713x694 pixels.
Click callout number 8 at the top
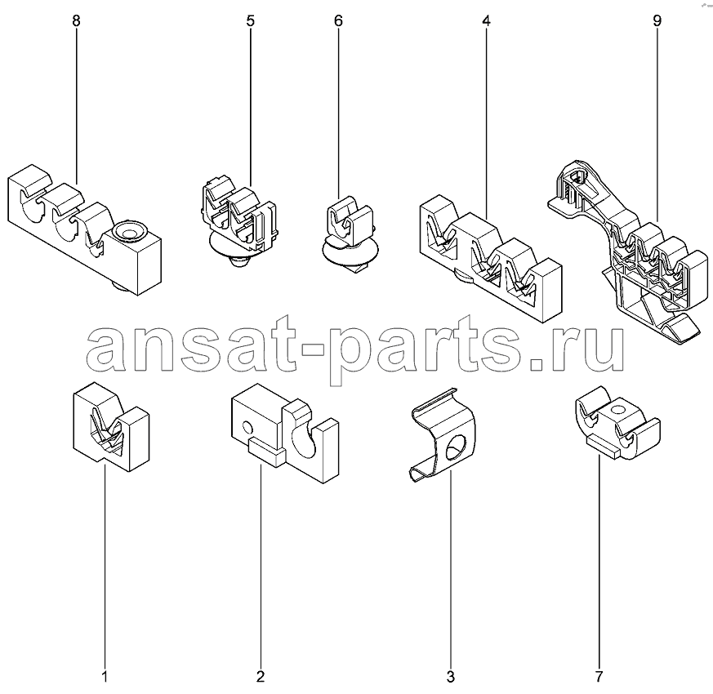coord(76,21)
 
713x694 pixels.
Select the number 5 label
coord(251,21)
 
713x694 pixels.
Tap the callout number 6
coord(338,21)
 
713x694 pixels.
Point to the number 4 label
coord(486,21)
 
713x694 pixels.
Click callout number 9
coord(657,21)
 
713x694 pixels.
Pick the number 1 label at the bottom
coord(105,677)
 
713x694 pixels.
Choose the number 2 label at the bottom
coord(260,677)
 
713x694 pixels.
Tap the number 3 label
coord(450,677)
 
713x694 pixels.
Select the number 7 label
coord(599,677)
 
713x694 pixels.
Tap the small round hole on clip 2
coord(247,428)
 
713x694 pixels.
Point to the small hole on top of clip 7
coord(617,411)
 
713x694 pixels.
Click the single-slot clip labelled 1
coord(111,426)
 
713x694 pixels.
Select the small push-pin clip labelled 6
coord(350,235)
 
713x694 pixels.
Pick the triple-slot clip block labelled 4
coord(491,258)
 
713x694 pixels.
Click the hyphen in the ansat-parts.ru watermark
coord(310,348)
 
